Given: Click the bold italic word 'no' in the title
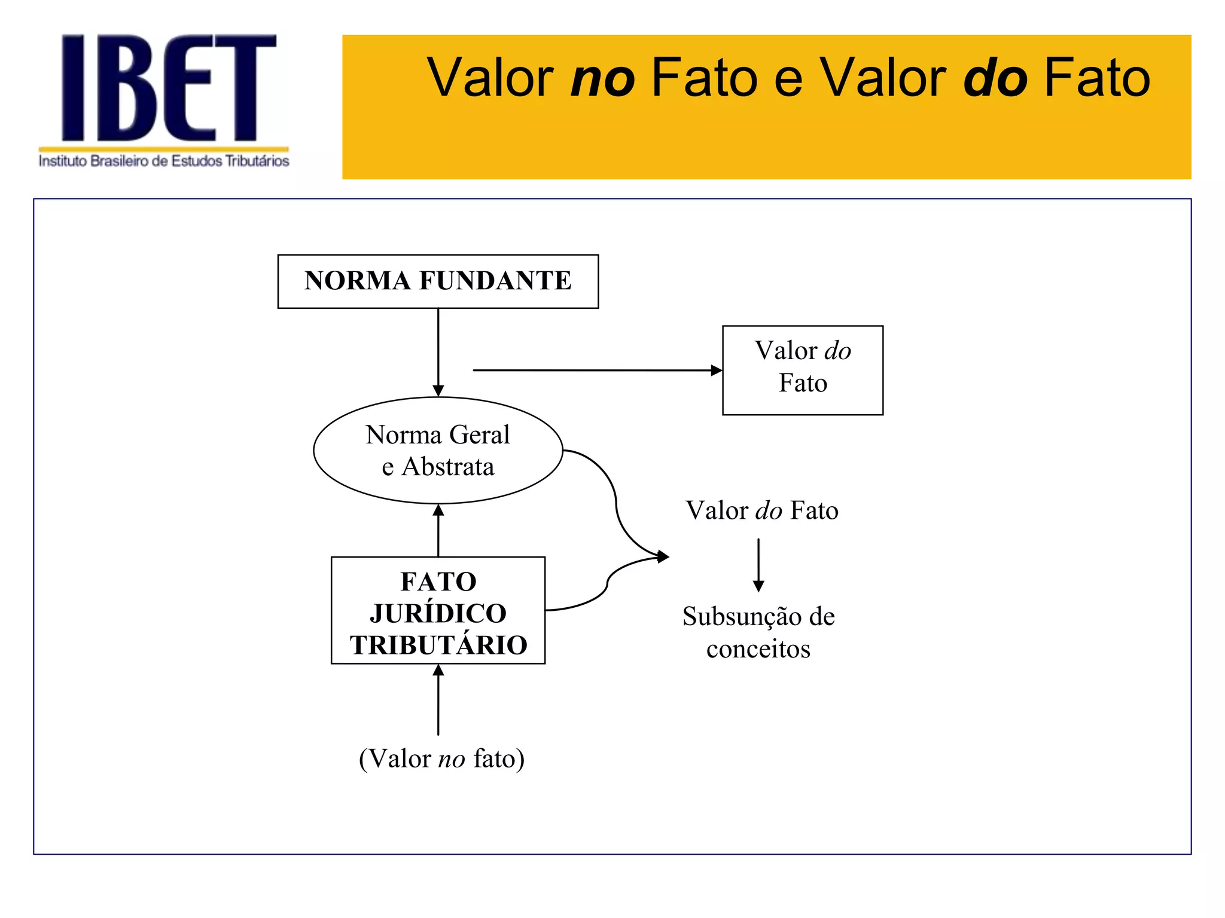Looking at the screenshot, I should [602, 78].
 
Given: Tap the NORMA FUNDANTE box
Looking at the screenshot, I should [438, 281].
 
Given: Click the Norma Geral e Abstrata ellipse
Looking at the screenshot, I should [438, 451].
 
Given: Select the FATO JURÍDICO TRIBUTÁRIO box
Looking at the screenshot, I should [438, 610].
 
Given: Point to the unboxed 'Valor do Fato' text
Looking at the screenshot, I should [761, 511].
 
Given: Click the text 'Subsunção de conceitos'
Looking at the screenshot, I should [758, 632].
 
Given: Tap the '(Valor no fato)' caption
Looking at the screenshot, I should [441, 759].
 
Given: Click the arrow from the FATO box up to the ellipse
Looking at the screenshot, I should [438, 531].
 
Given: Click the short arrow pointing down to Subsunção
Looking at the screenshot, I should [758, 565].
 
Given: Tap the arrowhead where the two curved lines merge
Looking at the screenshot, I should [662, 557].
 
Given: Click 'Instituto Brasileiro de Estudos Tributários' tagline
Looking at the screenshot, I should [164, 161].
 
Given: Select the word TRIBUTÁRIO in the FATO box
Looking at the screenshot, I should [438, 645].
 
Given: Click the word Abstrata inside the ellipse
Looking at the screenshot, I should [448, 467].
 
